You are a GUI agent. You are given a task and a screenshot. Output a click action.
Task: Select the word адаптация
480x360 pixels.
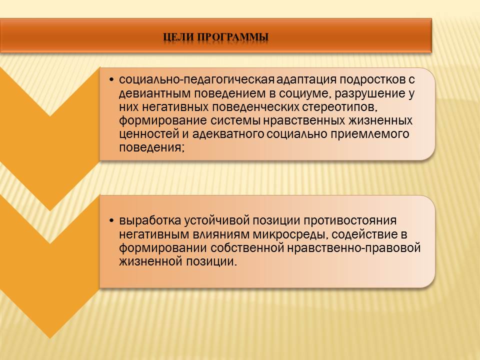click(x=306, y=80)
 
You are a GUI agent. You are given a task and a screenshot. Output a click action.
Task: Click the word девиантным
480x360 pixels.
click(x=154, y=93)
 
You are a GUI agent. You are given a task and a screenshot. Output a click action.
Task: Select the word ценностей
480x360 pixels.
click(x=149, y=134)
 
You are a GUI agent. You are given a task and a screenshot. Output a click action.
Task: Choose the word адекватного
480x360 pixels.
click(x=228, y=134)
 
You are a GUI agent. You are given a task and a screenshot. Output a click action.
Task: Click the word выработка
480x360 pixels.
click(x=149, y=220)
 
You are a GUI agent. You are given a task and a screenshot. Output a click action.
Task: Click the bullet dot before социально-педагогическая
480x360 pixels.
click(x=111, y=80)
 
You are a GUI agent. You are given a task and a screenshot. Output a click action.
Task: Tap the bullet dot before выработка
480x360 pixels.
click(x=111, y=221)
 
